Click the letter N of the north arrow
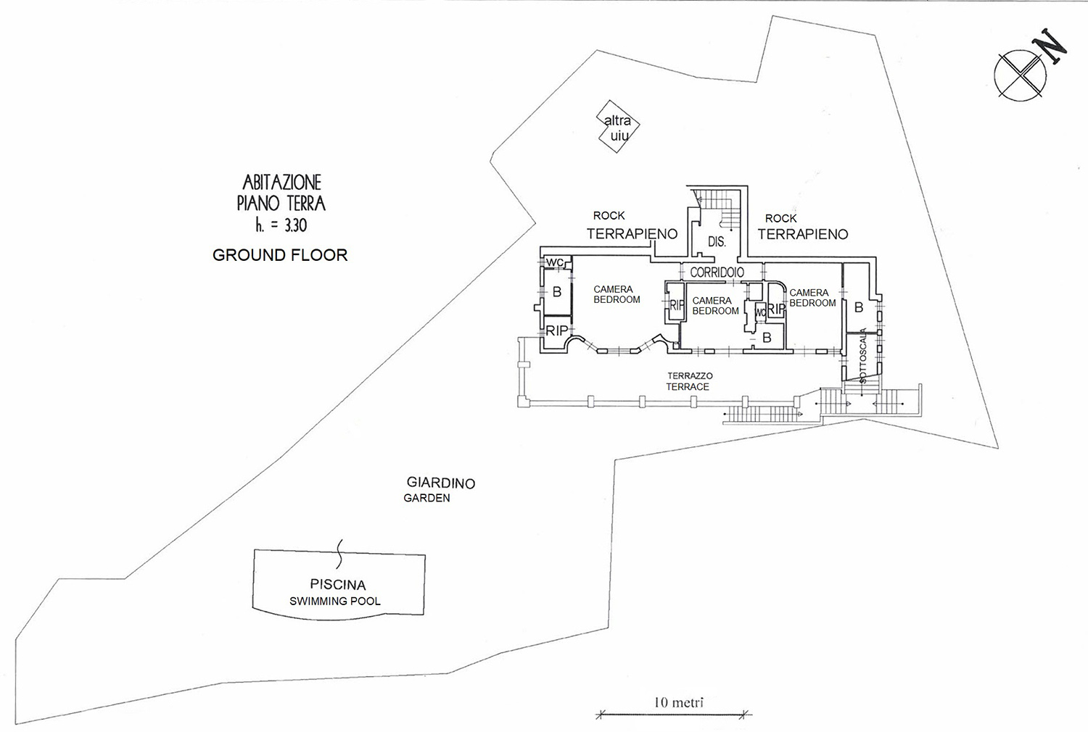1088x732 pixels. pos(1052,47)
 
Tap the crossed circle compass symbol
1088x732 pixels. pos(1020,75)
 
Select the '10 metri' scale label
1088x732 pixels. pos(678,702)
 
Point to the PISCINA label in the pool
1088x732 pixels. pos(337,585)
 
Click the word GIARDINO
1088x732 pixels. pos(440,483)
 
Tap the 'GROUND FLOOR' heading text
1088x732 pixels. pos(280,255)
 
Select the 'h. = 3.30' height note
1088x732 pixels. pos(281,225)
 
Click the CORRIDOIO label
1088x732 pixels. pos(717,273)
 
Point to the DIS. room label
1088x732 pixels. pos(717,241)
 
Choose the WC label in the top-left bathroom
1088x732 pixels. pos(555,262)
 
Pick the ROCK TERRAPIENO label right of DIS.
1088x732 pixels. pos(803,227)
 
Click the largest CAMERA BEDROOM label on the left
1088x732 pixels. pos(617,295)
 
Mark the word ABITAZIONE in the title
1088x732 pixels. pos(281,183)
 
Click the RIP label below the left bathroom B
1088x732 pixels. pos(556,330)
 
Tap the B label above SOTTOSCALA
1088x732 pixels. pos(859,307)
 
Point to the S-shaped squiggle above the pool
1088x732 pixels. pos(339,554)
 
